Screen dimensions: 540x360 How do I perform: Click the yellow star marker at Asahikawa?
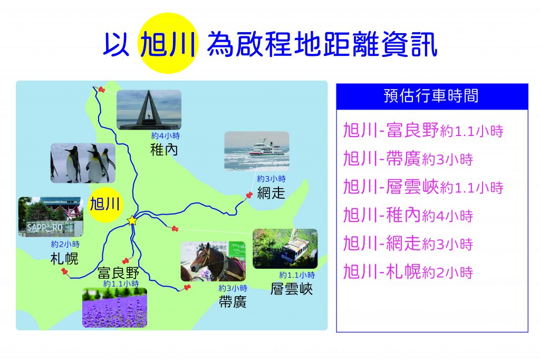[132, 220]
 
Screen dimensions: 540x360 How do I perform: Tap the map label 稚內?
[164, 150]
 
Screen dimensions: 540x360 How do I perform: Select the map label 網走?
[271, 193]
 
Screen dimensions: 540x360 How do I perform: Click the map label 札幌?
[64, 258]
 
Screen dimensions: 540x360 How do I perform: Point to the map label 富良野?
[119, 273]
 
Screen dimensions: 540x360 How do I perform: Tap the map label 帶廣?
[233, 302]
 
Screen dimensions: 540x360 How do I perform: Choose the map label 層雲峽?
[291, 289]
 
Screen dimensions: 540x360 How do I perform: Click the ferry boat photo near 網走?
[257, 151]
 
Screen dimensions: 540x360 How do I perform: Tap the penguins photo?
[83, 163]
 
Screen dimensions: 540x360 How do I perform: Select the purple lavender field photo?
[114, 308]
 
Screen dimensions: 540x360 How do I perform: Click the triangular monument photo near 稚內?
[149, 110]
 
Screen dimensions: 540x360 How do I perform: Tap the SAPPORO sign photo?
[51, 217]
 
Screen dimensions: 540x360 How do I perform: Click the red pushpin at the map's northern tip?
[101, 90]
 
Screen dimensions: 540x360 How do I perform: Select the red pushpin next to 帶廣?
[187, 287]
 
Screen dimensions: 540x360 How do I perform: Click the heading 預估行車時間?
[431, 96]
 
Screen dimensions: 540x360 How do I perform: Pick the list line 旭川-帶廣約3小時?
[408, 159]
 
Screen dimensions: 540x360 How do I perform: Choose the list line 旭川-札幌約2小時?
[408, 272]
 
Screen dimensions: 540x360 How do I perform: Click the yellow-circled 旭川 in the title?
[168, 44]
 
